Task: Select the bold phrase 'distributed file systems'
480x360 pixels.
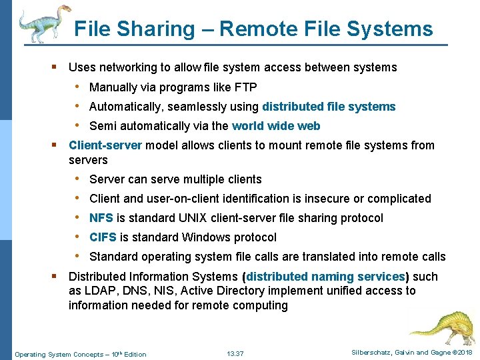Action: click(x=329, y=107)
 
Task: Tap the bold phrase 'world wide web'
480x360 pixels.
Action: click(x=276, y=126)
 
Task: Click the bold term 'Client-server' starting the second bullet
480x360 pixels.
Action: click(x=105, y=145)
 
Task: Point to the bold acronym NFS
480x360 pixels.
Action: click(x=101, y=218)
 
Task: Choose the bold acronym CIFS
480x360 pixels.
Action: click(x=103, y=237)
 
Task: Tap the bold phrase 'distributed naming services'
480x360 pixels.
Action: click(x=325, y=277)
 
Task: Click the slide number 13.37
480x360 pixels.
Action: click(x=235, y=354)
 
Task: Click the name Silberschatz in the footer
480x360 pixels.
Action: click(x=369, y=352)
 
